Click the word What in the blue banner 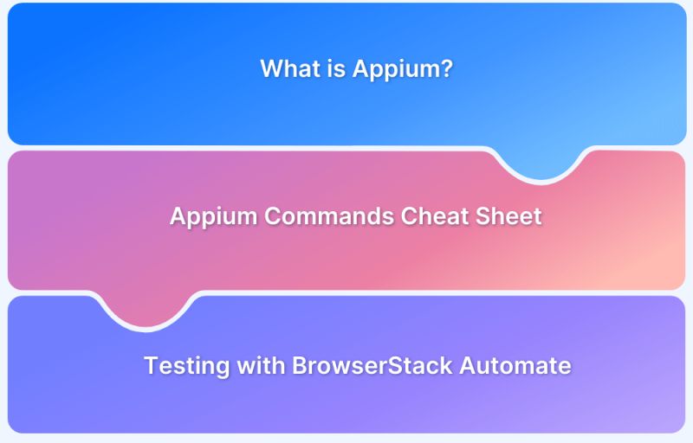tap(288, 68)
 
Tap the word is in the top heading tap(334, 68)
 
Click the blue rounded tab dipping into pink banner tap(540, 164)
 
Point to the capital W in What tap(270, 68)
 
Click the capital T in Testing tap(151, 365)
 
